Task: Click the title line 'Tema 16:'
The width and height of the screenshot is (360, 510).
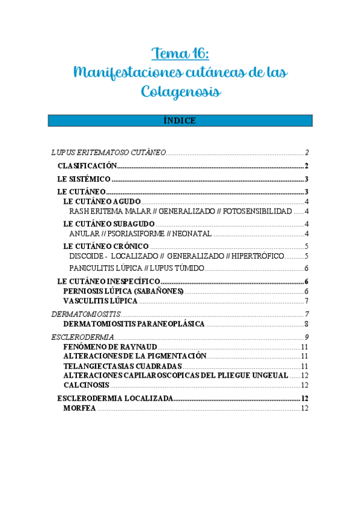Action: pyautogui.click(x=180, y=54)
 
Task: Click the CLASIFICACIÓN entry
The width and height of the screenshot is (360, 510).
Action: pyautogui.click(x=87, y=166)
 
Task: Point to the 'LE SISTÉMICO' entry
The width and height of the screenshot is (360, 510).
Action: pyautogui.click(x=84, y=179)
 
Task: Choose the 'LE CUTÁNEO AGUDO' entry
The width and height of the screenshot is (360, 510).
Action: pyautogui.click(x=102, y=201)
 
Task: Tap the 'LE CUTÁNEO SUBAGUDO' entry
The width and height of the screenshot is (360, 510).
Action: pyautogui.click(x=109, y=224)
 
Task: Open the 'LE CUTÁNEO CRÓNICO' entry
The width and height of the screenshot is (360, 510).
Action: pyautogui.click(x=106, y=246)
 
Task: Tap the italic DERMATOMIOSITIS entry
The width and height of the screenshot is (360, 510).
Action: pyautogui.click(x=86, y=314)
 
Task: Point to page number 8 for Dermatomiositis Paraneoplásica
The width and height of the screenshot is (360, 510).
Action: pyautogui.click(x=307, y=324)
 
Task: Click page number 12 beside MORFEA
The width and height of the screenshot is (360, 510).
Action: pyautogui.click(x=305, y=408)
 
